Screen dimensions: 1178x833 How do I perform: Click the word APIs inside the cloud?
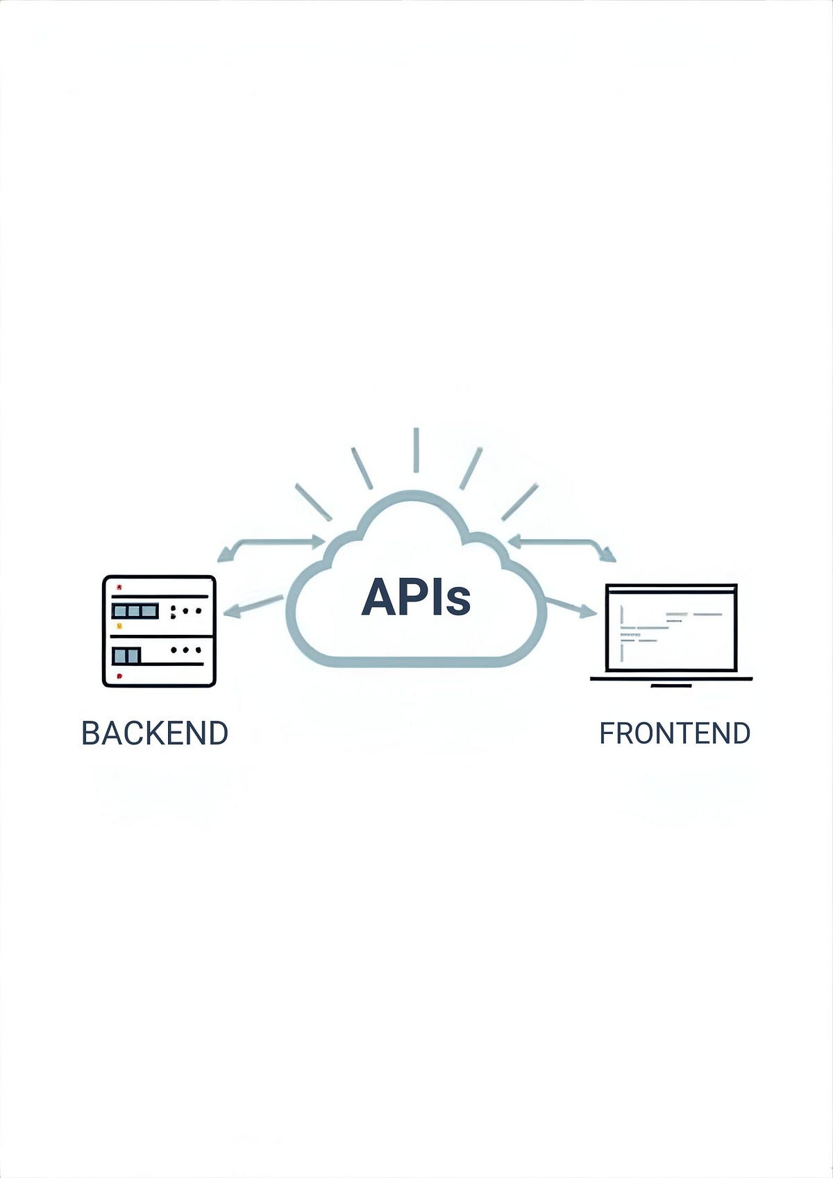pyautogui.click(x=416, y=597)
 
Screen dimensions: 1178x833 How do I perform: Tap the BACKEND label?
pyautogui.click(x=155, y=733)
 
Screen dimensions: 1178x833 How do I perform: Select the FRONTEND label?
pyautogui.click(x=674, y=733)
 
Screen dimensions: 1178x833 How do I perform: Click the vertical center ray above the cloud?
pyautogui.click(x=416, y=450)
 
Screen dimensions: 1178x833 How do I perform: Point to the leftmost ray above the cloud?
pyautogui.click(x=313, y=502)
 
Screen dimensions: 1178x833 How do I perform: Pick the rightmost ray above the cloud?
pyautogui.click(x=519, y=502)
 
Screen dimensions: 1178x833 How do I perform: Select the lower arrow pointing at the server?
pyautogui.click(x=253, y=606)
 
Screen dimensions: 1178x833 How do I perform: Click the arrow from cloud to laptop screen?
pyautogui.click(x=571, y=607)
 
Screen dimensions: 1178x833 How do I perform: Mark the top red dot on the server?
pyautogui.click(x=119, y=587)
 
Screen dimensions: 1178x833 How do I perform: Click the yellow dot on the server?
pyautogui.click(x=119, y=626)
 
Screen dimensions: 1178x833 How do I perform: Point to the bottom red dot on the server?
pyautogui.click(x=119, y=675)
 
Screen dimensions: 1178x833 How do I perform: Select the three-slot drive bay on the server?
pyautogui.click(x=135, y=611)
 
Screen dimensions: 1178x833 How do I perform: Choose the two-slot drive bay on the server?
pyautogui.click(x=126, y=655)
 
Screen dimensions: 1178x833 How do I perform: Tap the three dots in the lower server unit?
pyautogui.click(x=185, y=650)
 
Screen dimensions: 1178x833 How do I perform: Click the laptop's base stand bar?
pyautogui.click(x=671, y=685)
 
